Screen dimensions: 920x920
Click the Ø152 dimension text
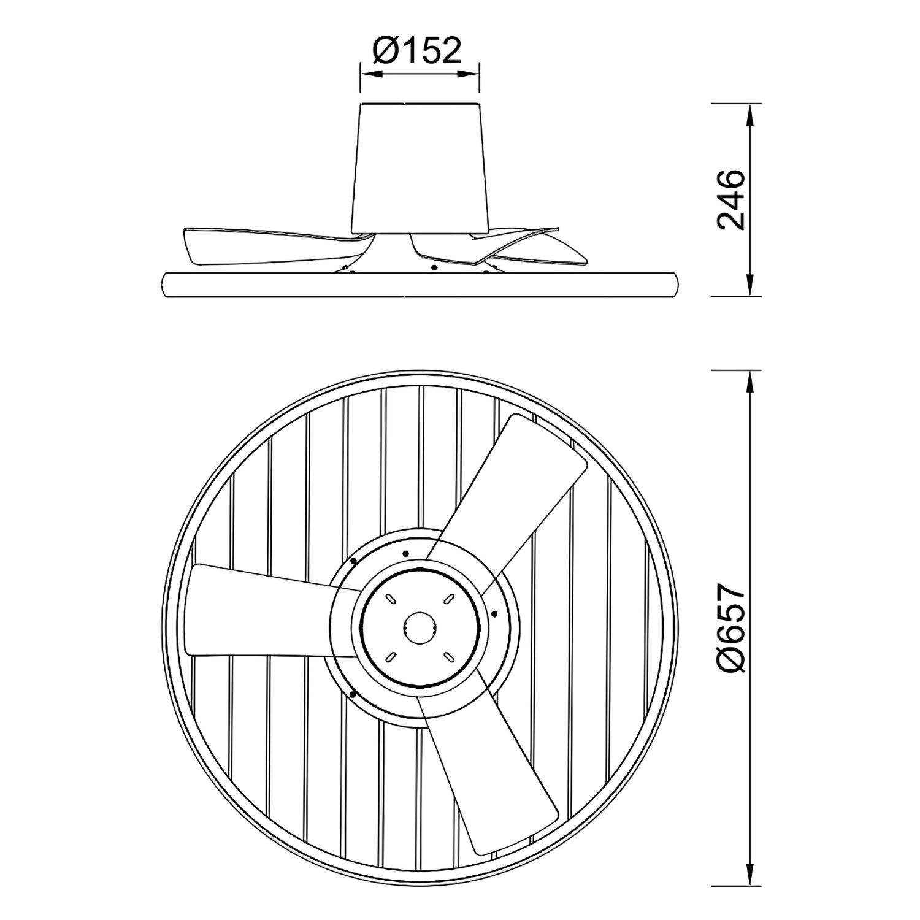[x=416, y=52]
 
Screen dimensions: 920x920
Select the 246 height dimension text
[x=730, y=200]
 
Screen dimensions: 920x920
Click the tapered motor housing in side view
[x=420, y=166]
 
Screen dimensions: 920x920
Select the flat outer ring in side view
[x=420, y=285]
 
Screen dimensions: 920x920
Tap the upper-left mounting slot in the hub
[x=390, y=598]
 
